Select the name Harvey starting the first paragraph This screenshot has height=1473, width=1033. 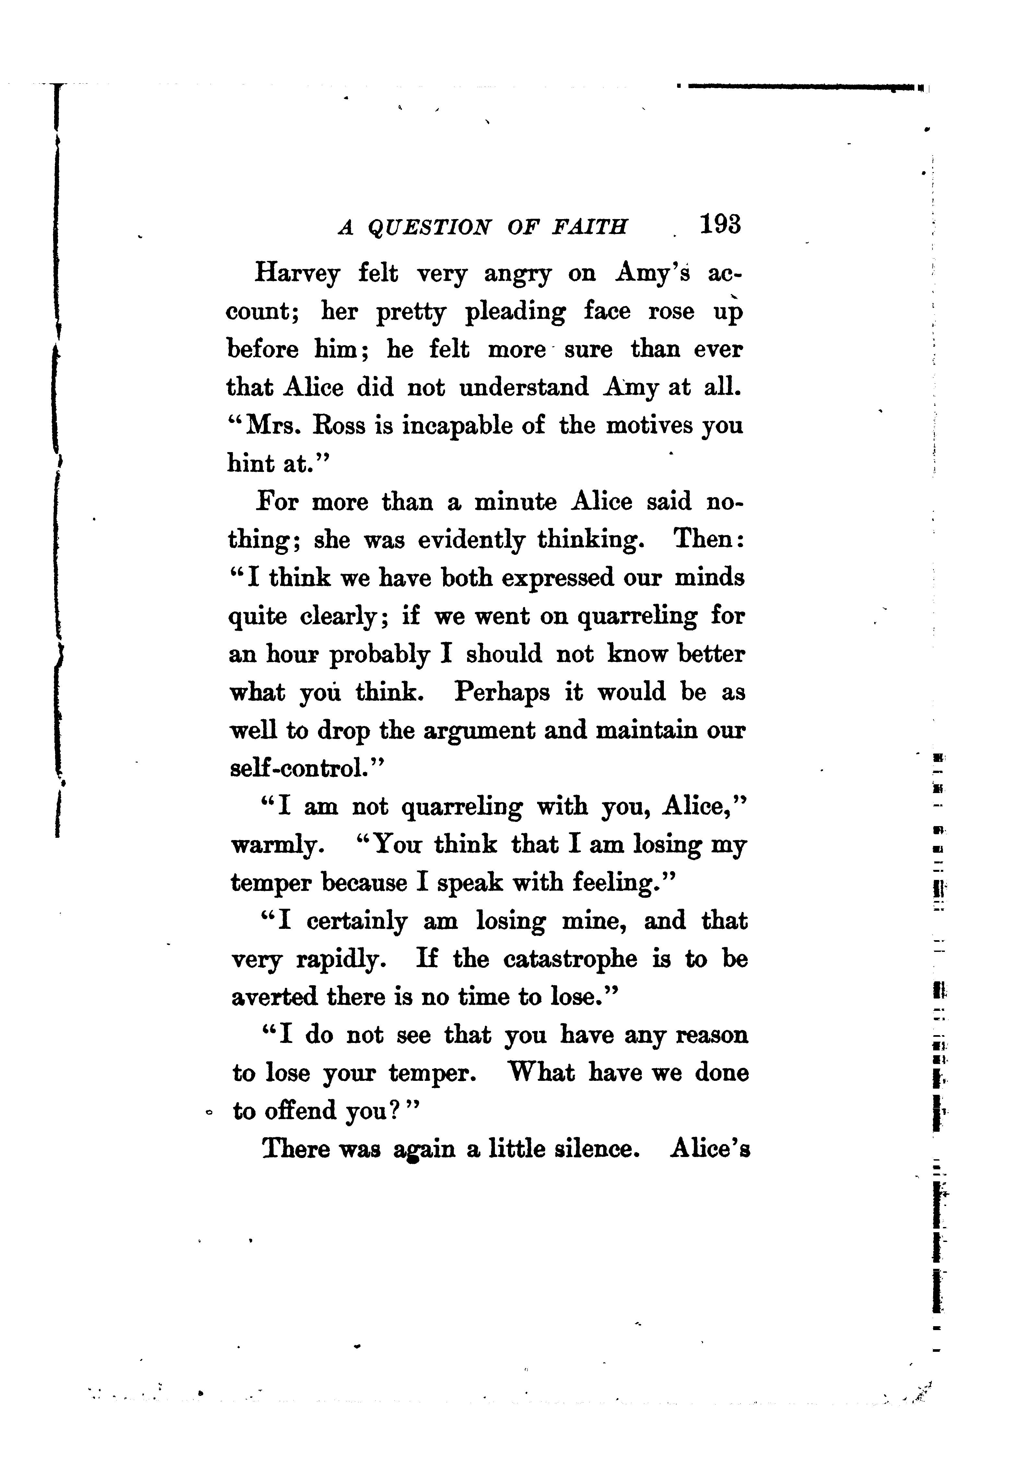[x=297, y=274]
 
